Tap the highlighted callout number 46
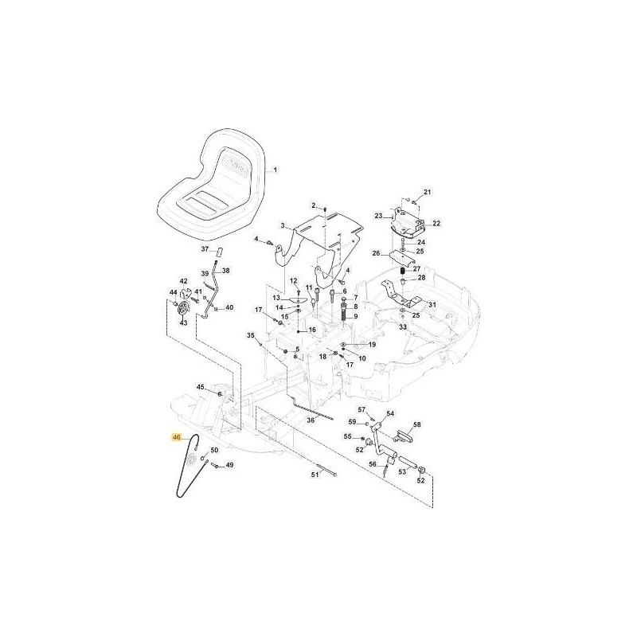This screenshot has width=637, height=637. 177,437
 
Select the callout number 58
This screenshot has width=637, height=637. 417,425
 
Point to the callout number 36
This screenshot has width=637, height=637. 311,420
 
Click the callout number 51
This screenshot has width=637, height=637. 315,475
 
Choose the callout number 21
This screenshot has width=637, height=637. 426,193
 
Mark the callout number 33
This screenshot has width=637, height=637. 403,327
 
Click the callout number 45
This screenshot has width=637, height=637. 201,388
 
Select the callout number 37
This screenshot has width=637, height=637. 204,249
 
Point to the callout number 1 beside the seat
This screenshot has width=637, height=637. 276,170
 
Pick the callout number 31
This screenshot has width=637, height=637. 432,305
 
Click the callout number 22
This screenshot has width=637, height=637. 436,224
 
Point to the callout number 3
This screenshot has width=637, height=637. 283,227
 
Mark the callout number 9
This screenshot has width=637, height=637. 355,316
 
